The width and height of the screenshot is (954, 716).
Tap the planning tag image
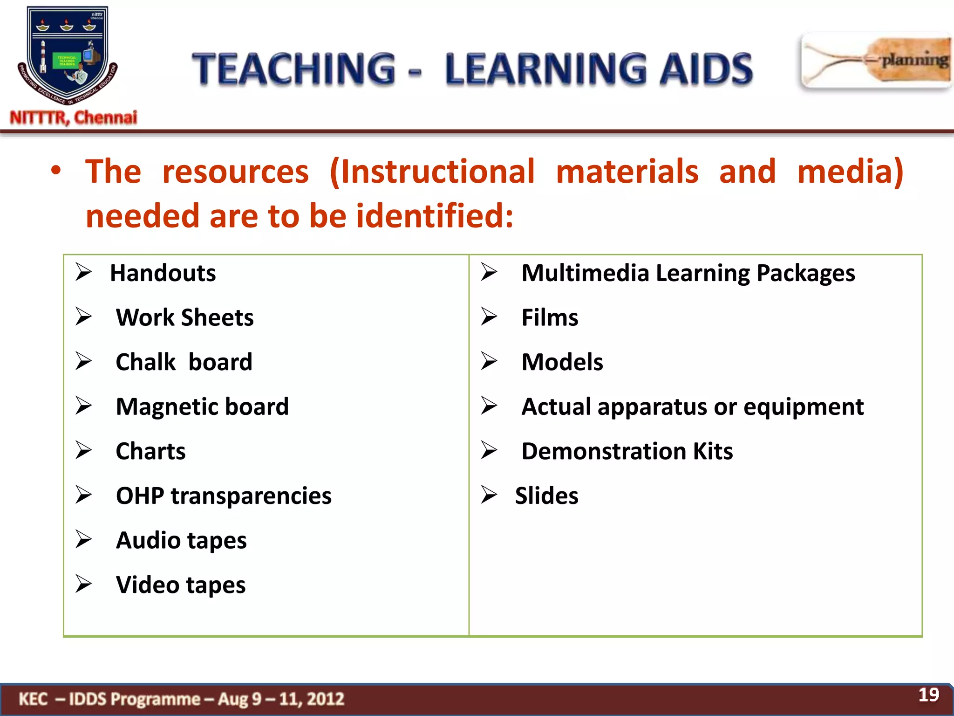coord(876,61)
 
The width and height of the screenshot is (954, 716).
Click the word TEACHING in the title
coord(294,69)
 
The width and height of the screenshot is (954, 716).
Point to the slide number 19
coord(928,695)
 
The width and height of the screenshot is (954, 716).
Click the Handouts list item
coord(163,273)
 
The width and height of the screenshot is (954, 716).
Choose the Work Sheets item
coord(184,318)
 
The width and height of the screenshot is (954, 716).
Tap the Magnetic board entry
coord(202,407)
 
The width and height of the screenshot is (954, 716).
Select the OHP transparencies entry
coord(224,496)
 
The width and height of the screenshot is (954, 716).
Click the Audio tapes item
coord(181,541)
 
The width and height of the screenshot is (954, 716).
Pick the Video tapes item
coord(181,585)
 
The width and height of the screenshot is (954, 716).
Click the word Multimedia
coord(585,273)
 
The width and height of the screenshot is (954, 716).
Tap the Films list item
coord(550,318)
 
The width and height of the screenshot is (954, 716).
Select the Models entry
coord(562,362)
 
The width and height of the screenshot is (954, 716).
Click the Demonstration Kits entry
coord(627,451)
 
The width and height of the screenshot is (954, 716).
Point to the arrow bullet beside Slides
coord(489,495)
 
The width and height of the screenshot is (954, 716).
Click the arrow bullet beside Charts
coord(84,451)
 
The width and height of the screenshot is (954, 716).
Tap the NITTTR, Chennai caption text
coord(74,117)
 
